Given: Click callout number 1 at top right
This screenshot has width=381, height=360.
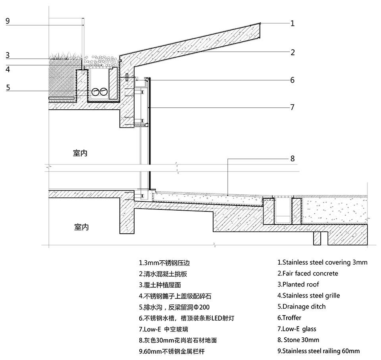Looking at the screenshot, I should [x=292, y=23].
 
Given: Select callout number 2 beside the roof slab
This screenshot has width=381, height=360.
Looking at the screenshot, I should [x=292, y=52].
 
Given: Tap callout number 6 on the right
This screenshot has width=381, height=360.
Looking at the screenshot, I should [x=292, y=80].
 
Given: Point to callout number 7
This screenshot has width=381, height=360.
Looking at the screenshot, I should [x=292, y=107].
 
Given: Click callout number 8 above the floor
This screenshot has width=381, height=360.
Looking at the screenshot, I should [x=292, y=159].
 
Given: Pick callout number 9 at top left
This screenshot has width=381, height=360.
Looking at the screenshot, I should [x=8, y=21].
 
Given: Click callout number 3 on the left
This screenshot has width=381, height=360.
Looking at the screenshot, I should [x=8, y=55].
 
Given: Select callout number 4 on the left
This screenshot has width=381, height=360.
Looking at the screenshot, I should [x=8, y=69].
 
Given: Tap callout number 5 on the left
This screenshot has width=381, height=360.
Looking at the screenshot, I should [x=8, y=87].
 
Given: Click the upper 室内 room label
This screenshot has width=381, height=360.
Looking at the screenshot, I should [x=80, y=154].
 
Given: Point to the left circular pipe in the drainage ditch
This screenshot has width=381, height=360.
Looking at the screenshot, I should [x=96, y=92].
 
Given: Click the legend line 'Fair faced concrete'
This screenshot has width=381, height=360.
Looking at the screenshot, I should [x=308, y=273].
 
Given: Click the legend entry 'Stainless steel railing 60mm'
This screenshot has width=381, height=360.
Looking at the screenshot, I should [x=318, y=351].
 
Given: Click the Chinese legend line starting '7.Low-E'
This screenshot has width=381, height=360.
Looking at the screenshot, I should [x=161, y=329].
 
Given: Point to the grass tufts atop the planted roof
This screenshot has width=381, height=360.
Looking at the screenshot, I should [x=63, y=56].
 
